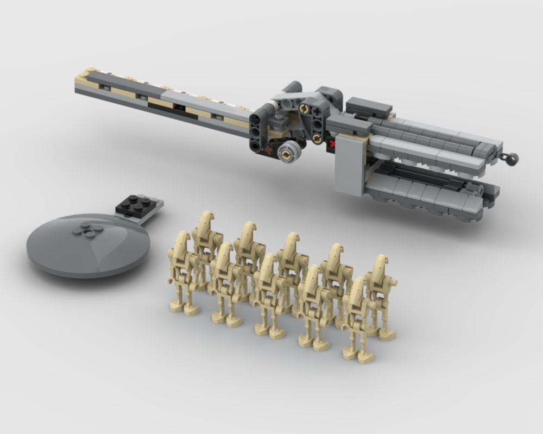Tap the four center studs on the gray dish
(87, 230)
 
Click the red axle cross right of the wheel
(330, 143)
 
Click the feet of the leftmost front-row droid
(185, 310)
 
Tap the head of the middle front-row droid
(268, 265)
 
